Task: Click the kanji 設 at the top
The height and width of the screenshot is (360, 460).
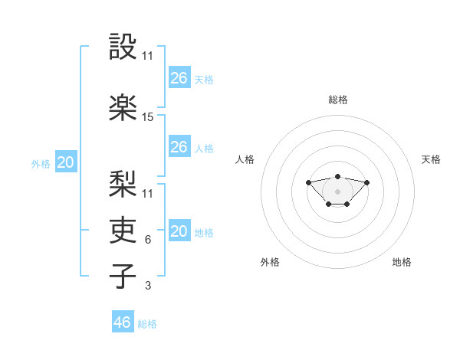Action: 123,46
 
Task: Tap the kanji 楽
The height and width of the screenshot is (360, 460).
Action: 123,107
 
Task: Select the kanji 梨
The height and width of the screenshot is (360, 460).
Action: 123,184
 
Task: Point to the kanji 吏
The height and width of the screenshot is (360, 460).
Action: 123,230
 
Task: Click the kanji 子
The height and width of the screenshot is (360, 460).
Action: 123,276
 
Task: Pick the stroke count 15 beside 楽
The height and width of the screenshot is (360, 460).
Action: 147,117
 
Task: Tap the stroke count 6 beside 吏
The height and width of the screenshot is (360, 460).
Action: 148,240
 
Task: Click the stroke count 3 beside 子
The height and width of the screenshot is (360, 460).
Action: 148,286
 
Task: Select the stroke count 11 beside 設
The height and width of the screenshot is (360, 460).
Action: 147,56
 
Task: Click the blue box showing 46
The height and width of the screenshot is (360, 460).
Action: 123,321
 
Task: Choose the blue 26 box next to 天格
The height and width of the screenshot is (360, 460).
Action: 179,77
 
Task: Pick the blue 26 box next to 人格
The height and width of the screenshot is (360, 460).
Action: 179,146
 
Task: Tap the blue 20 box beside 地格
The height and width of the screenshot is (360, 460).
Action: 179,230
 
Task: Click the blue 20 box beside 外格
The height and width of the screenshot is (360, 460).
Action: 66,162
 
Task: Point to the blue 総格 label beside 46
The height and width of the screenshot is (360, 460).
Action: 147,324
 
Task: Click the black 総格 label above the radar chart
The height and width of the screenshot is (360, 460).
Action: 338,100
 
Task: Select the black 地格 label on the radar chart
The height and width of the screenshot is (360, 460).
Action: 402,262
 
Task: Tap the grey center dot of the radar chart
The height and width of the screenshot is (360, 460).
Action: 337,191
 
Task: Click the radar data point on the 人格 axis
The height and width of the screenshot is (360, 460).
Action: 308,182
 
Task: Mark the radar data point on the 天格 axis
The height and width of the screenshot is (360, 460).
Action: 366,182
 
